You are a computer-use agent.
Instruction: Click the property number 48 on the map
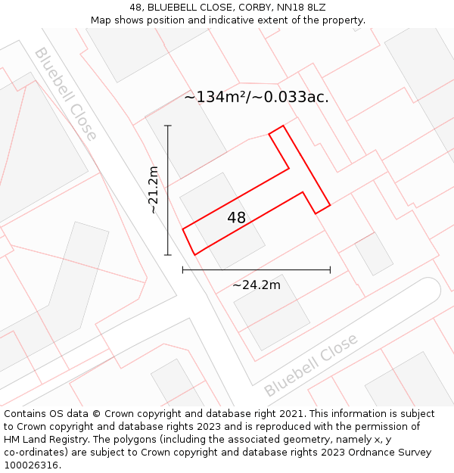pyautogui.click(x=236, y=218)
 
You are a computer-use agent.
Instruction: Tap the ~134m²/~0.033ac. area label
pyautogui.click(x=257, y=98)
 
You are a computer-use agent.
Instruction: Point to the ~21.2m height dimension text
pyautogui.click(x=154, y=190)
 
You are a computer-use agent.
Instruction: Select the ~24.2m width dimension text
pyautogui.click(x=256, y=285)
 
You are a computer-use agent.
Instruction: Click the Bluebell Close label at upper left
pyautogui.click(x=66, y=94)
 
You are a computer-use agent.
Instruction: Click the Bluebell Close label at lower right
pyautogui.click(x=311, y=366)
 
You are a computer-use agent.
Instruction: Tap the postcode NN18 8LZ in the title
pyautogui.click(x=297, y=7)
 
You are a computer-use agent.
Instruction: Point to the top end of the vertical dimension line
pyautogui.click(x=168, y=126)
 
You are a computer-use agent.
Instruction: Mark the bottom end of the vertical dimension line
pyautogui.click(x=168, y=255)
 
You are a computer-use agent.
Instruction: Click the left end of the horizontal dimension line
pyautogui.click(x=183, y=269)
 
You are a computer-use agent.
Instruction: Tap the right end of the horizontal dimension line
pyautogui.click(x=330, y=269)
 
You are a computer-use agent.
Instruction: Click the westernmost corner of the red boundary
pyautogui.click(x=183, y=228)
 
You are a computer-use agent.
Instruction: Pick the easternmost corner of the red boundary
pyautogui.click(x=330, y=205)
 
